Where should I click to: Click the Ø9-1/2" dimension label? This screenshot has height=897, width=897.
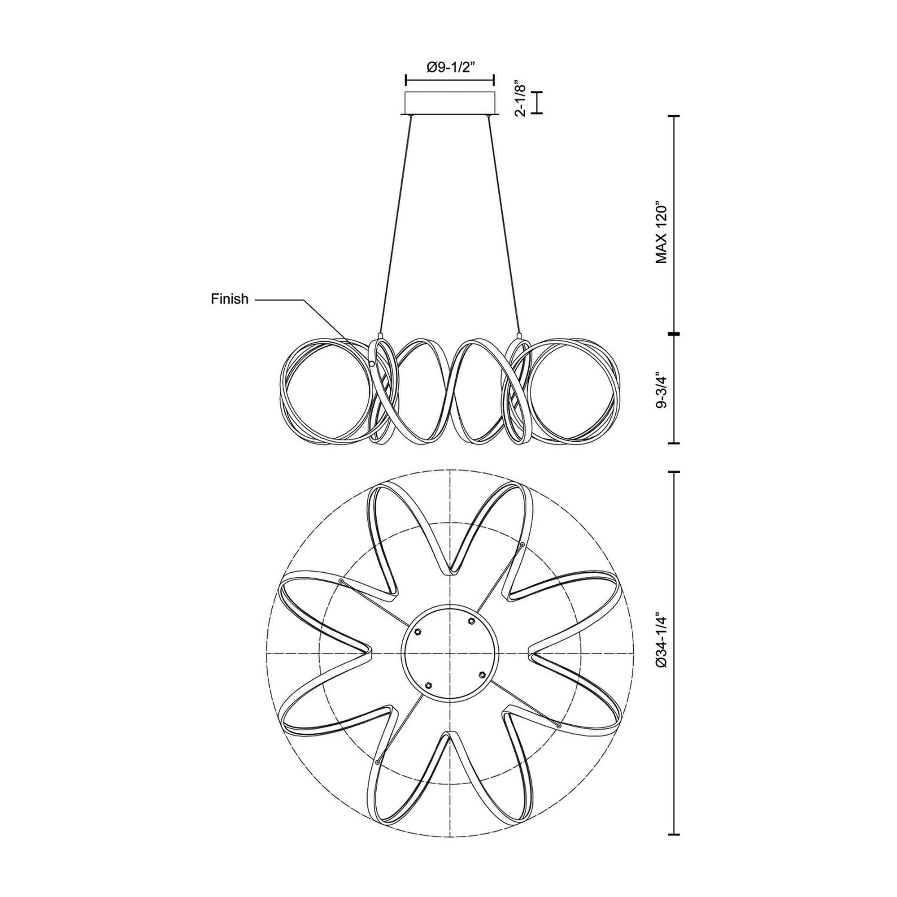pyautogui.click(x=449, y=68)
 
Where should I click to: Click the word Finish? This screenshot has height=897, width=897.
pyautogui.click(x=229, y=299)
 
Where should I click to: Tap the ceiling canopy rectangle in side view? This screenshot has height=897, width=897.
pyautogui.click(x=449, y=103)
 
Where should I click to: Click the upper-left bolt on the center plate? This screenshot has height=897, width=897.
pyautogui.click(x=418, y=631)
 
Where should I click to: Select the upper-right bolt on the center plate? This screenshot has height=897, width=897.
pyautogui.click(x=472, y=621)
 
